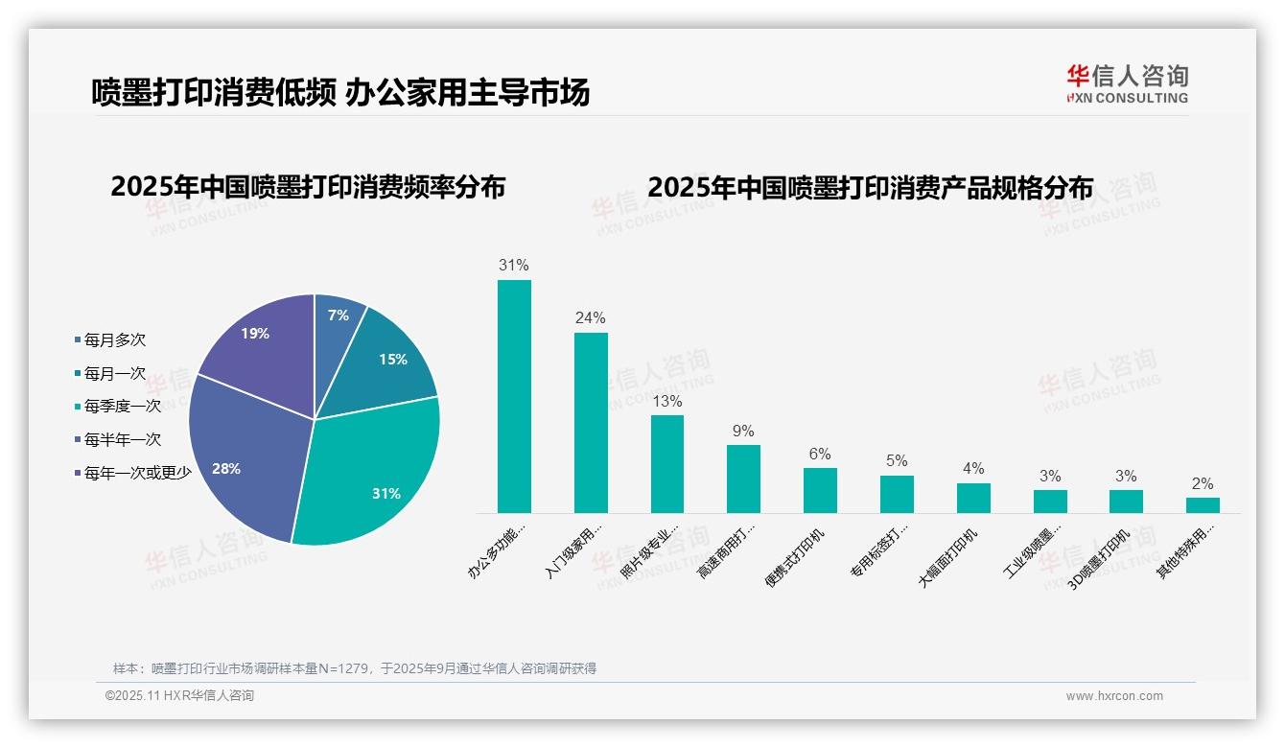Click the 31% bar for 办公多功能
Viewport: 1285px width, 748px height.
(514, 396)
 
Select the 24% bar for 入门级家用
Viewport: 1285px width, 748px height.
(591, 422)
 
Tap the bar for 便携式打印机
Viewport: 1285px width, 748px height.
(820, 490)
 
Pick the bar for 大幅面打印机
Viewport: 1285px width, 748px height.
(973, 498)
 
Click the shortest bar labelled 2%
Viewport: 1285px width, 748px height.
(1203, 504)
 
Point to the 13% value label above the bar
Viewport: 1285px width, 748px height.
(666, 400)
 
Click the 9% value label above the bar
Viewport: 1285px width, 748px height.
(743, 431)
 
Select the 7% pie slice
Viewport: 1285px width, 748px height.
(338, 316)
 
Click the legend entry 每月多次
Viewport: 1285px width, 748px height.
(114, 339)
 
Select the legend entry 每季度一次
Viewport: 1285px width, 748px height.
(122, 406)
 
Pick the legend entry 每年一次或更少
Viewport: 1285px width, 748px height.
(137, 472)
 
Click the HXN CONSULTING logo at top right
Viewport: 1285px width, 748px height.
(1127, 83)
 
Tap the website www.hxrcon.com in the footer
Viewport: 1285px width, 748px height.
(1113, 696)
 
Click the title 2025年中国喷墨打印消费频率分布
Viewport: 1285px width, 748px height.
(308, 187)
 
